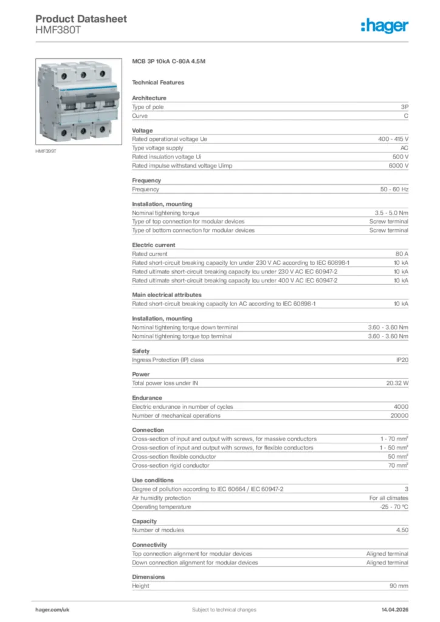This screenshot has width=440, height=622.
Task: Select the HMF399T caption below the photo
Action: click(46, 151)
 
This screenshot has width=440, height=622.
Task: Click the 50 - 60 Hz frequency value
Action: click(394, 189)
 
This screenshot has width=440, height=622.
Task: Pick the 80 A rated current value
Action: click(401, 254)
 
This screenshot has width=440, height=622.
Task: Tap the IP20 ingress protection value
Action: click(402, 360)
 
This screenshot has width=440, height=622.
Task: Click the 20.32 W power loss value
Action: click(397, 383)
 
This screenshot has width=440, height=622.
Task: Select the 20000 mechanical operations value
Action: click(399, 415)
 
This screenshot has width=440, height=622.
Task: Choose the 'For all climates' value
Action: click(388, 498)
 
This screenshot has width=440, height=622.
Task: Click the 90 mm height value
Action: click(399, 586)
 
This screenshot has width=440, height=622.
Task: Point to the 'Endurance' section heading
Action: click(147, 398)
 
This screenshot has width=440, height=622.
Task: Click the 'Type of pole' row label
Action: click(148, 107)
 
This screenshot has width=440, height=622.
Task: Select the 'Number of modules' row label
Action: click(158, 530)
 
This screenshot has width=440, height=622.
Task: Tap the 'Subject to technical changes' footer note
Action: click(224, 609)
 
